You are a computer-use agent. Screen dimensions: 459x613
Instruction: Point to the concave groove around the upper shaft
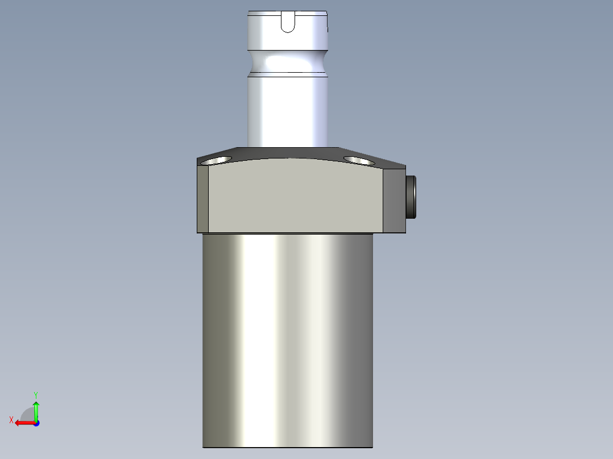pyautogui.click(x=288, y=61)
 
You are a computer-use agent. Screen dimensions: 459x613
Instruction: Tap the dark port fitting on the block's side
pyautogui.click(x=411, y=197)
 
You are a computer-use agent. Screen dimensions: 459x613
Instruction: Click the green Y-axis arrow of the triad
pyautogui.click(x=36, y=408)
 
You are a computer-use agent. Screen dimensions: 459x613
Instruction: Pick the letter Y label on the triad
pyautogui.click(x=35, y=394)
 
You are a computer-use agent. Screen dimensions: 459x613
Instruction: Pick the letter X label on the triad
pyautogui.click(x=11, y=420)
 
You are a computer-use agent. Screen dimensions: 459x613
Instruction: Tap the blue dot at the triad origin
pyautogui.click(x=36, y=423)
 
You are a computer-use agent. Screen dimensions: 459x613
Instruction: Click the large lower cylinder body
pyautogui.click(x=288, y=341)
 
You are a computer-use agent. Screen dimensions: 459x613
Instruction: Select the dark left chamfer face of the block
pyautogui.click(x=203, y=199)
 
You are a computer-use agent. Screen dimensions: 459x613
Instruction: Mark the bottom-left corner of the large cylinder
pyautogui.click(x=204, y=447)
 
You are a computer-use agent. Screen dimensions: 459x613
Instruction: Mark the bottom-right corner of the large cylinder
pyautogui.click(x=372, y=447)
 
